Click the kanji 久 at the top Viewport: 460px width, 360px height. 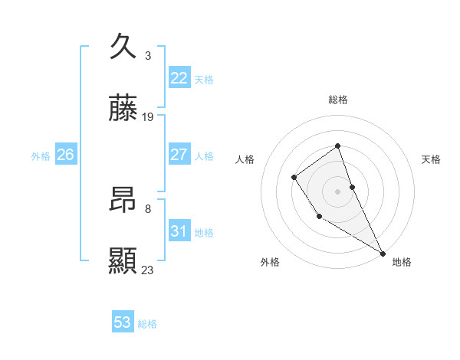click(x=123, y=47)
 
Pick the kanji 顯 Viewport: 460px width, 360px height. click(x=123, y=261)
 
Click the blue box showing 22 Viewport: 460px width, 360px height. click(x=179, y=78)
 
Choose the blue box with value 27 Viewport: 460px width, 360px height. click(x=179, y=155)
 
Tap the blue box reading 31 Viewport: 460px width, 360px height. click(x=179, y=231)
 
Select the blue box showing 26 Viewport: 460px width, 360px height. click(x=65, y=155)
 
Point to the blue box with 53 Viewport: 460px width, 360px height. click(x=123, y=322)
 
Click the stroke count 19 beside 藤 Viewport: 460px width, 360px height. click(x=148, y=117)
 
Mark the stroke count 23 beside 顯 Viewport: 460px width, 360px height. click(x=148, y=270)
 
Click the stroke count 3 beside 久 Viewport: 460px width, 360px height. click(x=148, y=56)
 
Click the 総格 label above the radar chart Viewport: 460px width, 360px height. click(x=338, y=100)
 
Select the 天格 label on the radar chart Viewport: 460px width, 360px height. click(x=431, y=159)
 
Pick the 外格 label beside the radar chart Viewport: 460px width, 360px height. click(x=270, y=263)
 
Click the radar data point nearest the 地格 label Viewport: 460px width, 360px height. click(x=383, y=253)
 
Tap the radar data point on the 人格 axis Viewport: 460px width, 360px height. click(x=294, y=178)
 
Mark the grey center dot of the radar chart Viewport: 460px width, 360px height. click(x=338, y=191)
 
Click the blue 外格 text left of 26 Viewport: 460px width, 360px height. click(x=40, y=156)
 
